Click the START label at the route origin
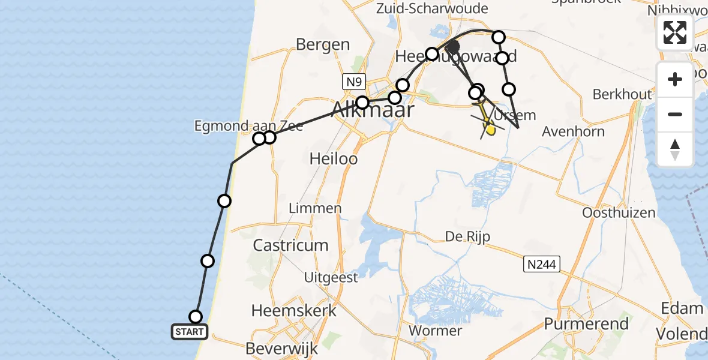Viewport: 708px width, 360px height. (190, 331)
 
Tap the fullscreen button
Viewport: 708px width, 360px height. (675, 32)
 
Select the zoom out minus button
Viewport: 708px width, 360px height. (675, 114)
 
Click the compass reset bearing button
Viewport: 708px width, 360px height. (675, 149)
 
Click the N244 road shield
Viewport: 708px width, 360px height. (541, 263)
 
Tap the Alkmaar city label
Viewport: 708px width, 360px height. (372, 110)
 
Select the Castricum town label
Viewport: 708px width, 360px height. (291, 245)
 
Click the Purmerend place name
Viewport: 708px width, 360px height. (586, 325)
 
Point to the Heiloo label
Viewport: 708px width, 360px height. (333, 158)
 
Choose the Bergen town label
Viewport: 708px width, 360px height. (323, 44)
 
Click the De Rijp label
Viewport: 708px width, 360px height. (467, 236)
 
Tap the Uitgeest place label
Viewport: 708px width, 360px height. (331, 277)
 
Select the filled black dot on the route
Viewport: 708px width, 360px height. (453, 46)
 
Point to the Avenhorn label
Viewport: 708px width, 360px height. (573, 131)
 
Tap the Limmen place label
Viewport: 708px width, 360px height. (315, 209)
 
